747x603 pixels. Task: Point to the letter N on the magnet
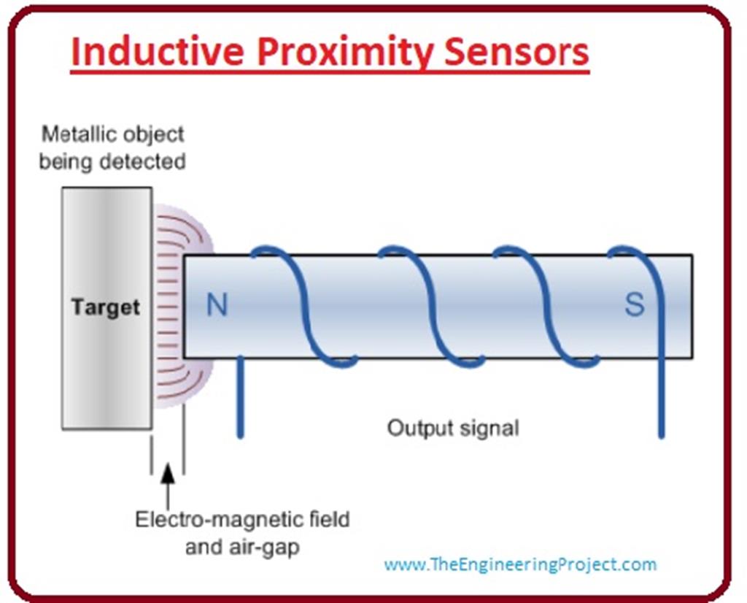(217, 305)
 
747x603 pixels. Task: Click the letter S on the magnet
(634, 305)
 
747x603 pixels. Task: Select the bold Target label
(106, 307)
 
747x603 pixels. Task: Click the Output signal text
(453, 427)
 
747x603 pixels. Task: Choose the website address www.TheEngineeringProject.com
(520, 564)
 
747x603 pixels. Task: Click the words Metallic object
(112, 135)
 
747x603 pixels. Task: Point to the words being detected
(112, 161)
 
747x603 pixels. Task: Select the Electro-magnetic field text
(242, 520)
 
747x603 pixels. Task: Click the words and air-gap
(242, 547)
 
